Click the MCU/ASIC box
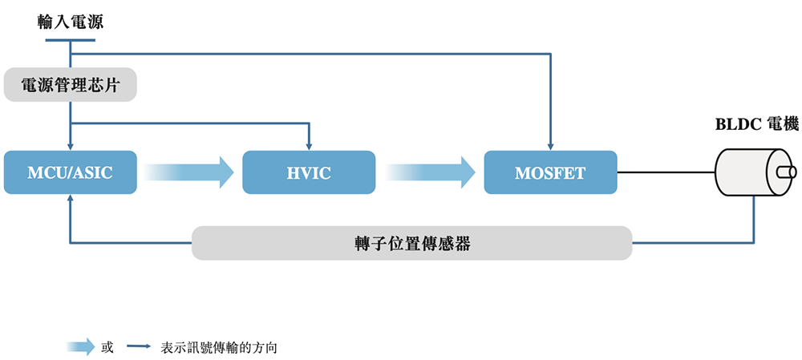click(x=70, y=172)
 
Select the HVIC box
click(x=309, y=172)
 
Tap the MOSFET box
click(x=550, y=172)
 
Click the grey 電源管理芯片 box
click(x=71, y=85)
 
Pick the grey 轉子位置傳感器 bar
click(x=411, y=243)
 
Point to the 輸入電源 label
click(x=71, y=22)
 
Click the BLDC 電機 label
click(x=756, y=124)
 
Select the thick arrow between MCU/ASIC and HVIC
click(x=184, y=172)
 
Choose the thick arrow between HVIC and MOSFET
click(x=429, y=172)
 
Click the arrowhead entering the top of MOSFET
click(x=550, y=146)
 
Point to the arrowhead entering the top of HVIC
click(x=309, y=146)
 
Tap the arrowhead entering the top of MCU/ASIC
click(x=71, y=146)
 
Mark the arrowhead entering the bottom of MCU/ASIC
click(x=71, y=200)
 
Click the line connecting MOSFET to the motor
click(x=666, y=172)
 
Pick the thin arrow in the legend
click(x=139, y=347)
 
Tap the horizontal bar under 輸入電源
click(x=71, y=40)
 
